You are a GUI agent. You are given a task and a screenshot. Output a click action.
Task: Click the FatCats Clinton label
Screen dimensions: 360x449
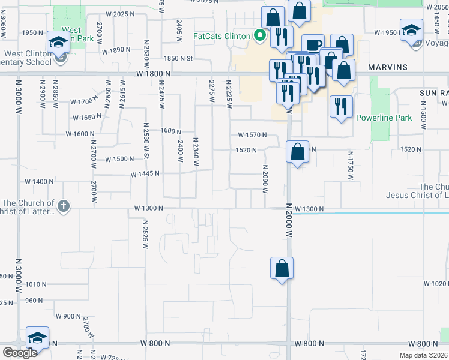pos(221,35)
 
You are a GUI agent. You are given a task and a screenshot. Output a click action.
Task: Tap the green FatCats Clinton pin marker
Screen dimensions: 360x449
pos(260,35)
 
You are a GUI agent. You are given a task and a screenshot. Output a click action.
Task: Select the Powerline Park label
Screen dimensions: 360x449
pos(384,118)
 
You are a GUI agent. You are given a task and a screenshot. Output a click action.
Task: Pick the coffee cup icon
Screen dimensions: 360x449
pos(313,46)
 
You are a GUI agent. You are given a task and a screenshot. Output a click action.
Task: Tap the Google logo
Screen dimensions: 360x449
pos(20,353)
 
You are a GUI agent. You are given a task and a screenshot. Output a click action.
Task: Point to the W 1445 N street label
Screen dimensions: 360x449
pos(146,174)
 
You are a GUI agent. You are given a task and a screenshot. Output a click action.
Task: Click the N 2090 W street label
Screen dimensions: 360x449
pos(264,179)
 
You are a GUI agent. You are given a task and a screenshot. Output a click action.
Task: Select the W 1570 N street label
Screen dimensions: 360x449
pos(252,135)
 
